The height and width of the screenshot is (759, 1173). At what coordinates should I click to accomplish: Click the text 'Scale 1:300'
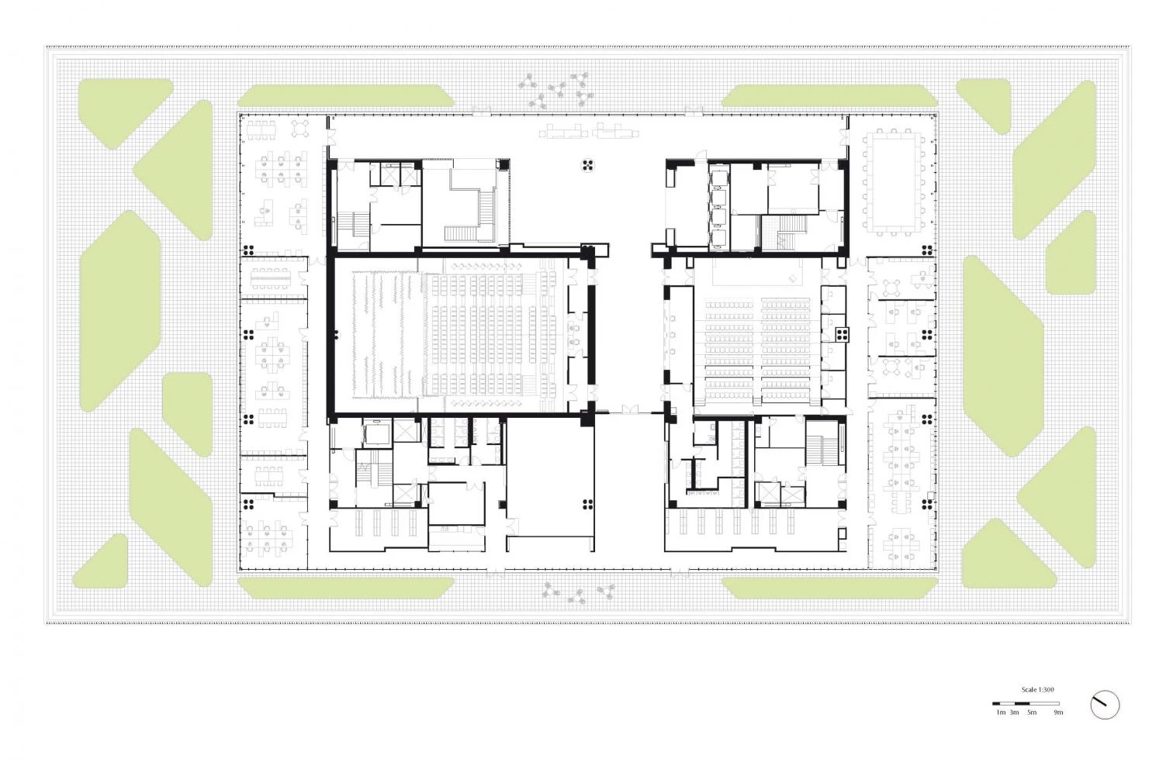point(1037,689)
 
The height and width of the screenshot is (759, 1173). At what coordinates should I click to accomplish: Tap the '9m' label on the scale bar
point(1058,712)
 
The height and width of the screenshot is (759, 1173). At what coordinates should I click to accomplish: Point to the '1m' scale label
point(1001,712)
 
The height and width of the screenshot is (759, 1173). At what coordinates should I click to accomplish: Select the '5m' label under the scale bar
point(1032,712)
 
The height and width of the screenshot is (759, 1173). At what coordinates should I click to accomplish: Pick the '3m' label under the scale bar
point(1014,712)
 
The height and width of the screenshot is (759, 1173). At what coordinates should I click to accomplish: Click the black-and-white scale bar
point(1026,703)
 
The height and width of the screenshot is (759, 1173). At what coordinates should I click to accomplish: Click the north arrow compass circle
point(1105,705)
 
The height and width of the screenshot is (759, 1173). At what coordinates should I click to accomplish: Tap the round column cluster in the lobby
point(587,166)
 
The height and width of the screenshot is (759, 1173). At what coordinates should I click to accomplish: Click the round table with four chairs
point(300,128)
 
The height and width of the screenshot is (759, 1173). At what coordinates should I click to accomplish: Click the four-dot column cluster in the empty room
point(587,504)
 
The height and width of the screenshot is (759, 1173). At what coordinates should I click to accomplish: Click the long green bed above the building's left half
point(346,96)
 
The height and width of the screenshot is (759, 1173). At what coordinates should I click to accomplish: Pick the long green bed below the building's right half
point(829,588)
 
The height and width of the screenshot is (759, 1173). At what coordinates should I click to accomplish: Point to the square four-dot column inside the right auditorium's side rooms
point(842,334)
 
